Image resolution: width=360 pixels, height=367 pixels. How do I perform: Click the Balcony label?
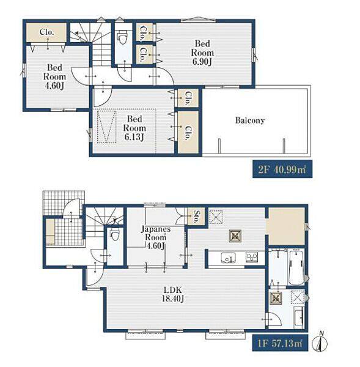(x=250, y=120)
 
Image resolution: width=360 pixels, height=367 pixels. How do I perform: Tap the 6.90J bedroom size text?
(x=202, y=62)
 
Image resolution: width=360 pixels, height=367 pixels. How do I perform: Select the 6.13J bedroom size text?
(x=134, y=137)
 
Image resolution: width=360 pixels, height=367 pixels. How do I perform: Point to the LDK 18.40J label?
(x=173, y=294)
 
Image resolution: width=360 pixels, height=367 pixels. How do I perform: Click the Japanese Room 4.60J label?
(x=156, y=237)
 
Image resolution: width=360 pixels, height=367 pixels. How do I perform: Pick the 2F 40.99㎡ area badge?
(x=282, y=169)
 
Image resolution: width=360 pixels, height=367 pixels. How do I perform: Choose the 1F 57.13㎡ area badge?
(x=280, y=343)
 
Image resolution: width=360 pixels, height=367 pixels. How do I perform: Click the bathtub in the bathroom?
(x=296, y=267)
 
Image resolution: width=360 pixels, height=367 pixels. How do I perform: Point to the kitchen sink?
(x=229, y=258)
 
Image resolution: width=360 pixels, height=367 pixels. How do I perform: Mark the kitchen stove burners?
(x=252, y=258)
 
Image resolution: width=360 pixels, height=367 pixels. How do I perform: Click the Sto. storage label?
(x=196, y=217)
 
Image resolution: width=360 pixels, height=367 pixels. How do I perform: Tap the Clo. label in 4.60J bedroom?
(x=47, y=32)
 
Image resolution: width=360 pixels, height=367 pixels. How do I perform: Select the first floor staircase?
(x=103, y=223)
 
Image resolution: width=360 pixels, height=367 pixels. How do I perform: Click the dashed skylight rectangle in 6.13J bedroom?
(x=107, y=127)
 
